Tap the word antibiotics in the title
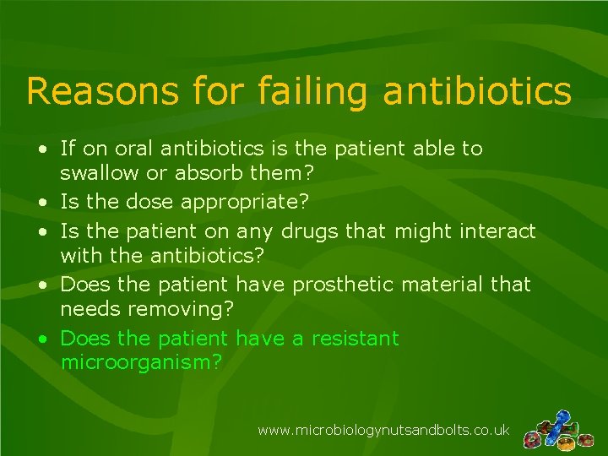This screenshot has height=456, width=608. click(477, 91)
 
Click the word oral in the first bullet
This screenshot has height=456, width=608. click(140, 149)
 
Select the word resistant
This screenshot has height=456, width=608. click(355, 339)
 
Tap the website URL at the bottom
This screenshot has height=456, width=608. click(383, 430)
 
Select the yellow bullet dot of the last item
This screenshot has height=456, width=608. click(42, 339)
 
